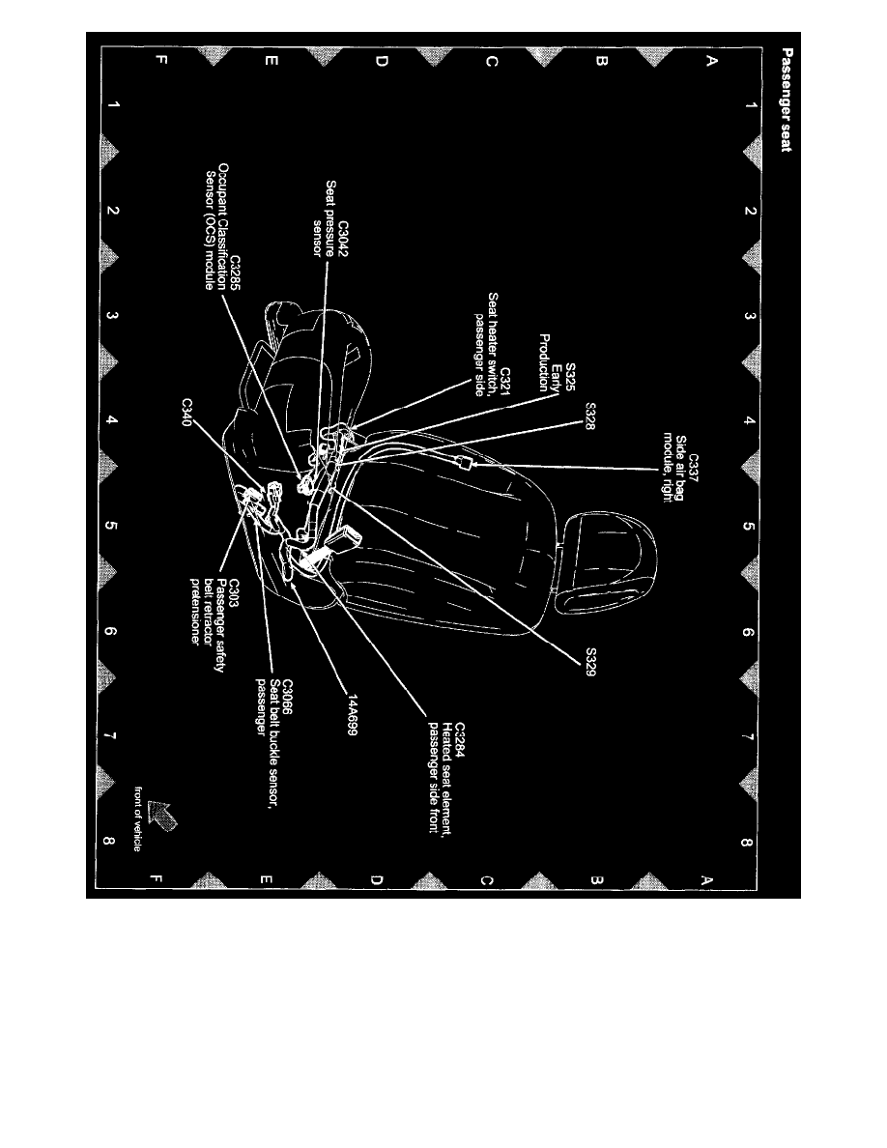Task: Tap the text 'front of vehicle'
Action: coord(138,817)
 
